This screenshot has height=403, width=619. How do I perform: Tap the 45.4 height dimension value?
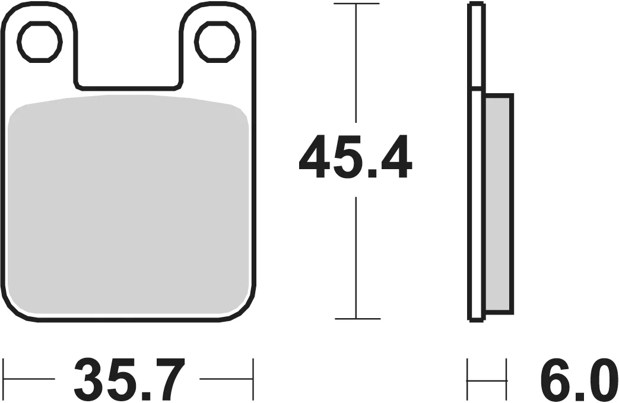pos(355,157)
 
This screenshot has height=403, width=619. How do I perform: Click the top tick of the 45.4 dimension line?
pos(357,4)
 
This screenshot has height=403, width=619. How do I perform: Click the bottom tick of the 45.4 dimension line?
pos(357,318)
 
